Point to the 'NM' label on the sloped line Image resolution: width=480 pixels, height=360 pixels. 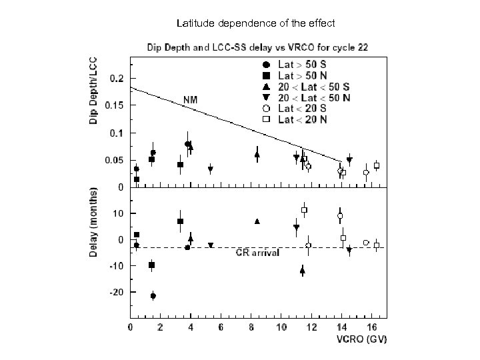click(x=191, y=100)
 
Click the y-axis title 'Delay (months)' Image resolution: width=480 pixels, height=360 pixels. click(x=96, y=223)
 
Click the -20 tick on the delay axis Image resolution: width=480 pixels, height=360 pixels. click(x=116, y=292)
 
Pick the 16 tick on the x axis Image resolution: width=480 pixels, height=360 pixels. click(x=373, y=327)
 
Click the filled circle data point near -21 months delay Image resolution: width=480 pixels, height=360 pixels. click(x=153, y=296)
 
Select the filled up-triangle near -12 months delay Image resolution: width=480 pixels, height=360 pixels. click(x=303, y=271)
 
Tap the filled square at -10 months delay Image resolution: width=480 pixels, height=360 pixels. click(x=152, y=265)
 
